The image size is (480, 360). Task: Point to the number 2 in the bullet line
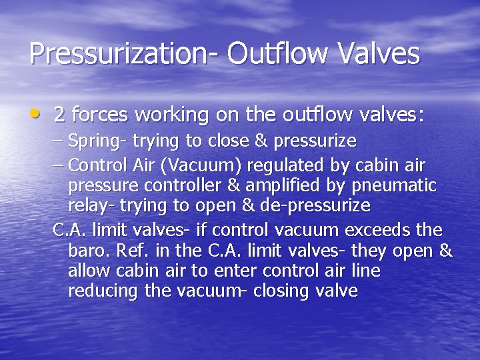pyautogui.click(x=59, y=115)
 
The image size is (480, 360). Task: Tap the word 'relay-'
pyautogui.click(x=88, y=205)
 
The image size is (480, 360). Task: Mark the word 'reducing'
pyautogui.click(x=100, y=291)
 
